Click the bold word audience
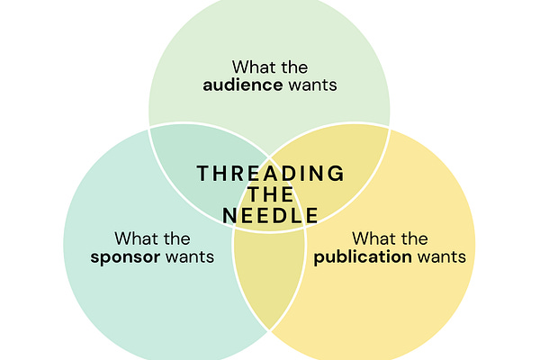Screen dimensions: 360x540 point(236,85)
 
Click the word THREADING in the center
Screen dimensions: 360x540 point(270,172)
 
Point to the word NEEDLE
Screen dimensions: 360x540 point(270,215)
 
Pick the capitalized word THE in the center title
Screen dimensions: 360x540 point(270,193)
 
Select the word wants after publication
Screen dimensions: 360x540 point(441,257)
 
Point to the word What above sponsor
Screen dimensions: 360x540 point(137,238)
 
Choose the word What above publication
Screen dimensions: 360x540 point(375,238)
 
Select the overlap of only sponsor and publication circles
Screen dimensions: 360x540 point(267,279)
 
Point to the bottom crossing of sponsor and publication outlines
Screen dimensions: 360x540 point(269,330)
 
